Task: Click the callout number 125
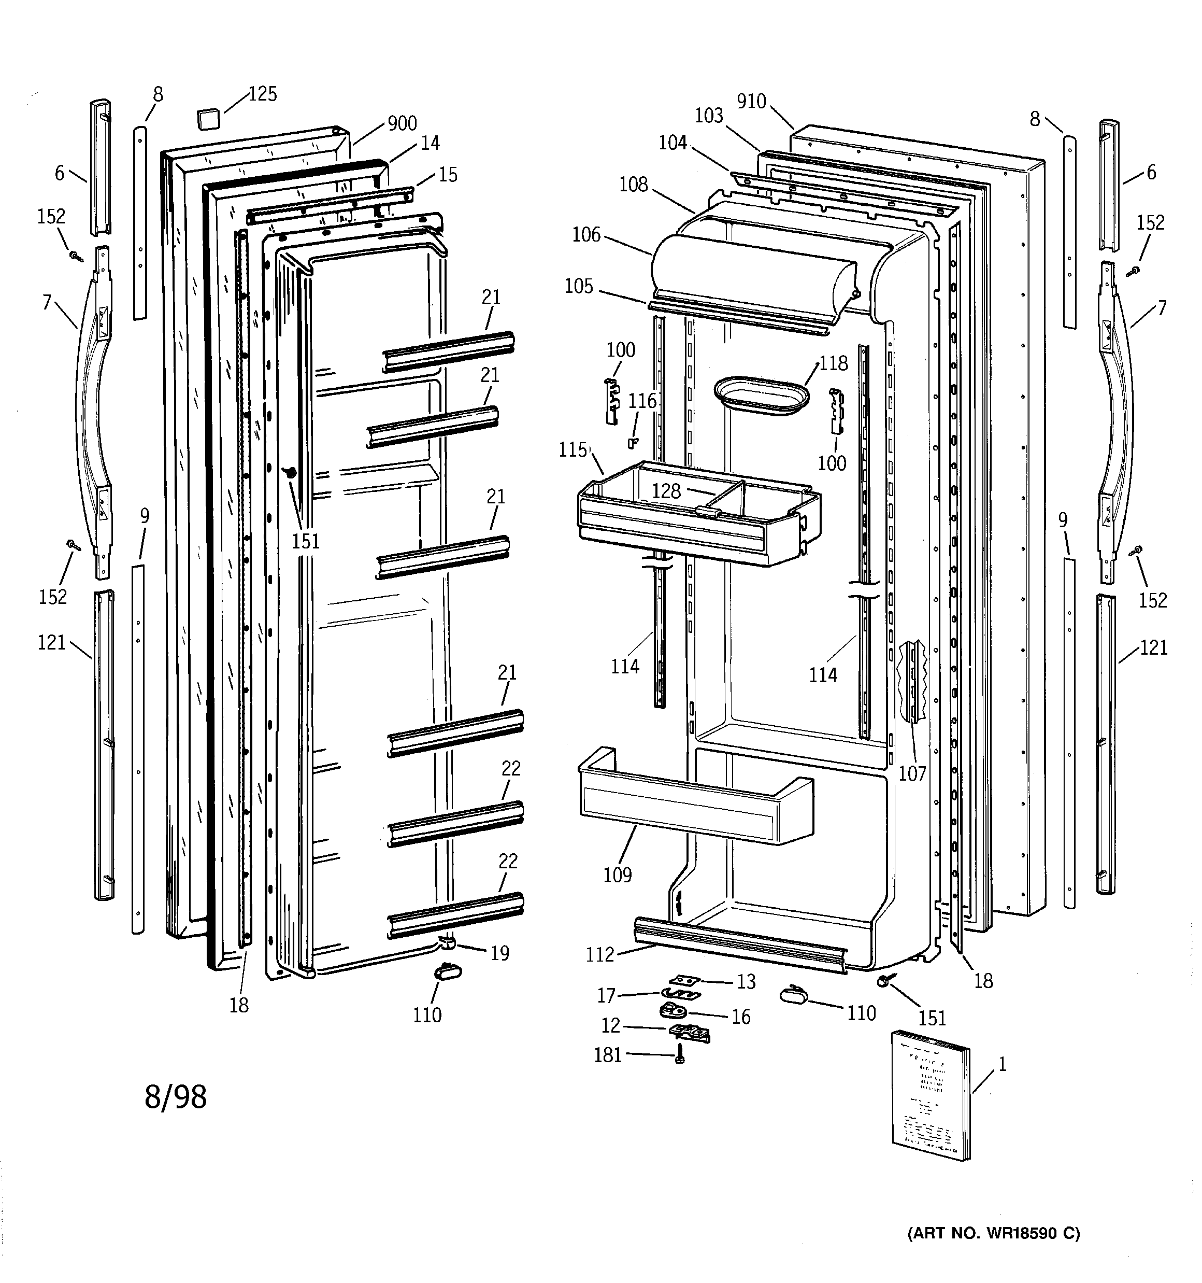click(263, 94)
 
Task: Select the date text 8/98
click(176, 1096)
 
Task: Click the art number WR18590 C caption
click(994, 1233)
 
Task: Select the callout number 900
click(402, 123)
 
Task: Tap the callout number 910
click(751, 101)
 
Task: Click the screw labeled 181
click(679, 1056)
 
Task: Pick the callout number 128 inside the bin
click(666, 492)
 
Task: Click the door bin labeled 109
click(697, 800)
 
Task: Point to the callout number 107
click(912, 774)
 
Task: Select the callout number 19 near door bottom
click(500, 953)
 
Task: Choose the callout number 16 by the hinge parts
click(741, 1017)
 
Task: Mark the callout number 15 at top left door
click(448, 175)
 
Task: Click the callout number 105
click(578, 287)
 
